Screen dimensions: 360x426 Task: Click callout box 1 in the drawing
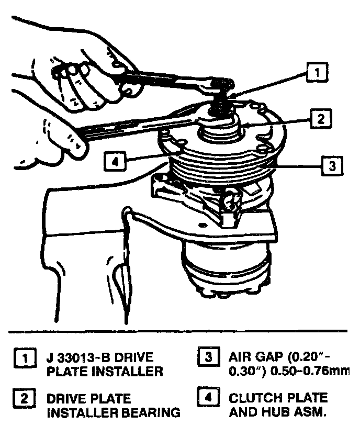317,71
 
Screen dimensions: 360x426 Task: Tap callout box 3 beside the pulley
331,166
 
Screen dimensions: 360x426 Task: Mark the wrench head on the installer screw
220,82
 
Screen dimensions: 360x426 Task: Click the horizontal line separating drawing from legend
178,330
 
